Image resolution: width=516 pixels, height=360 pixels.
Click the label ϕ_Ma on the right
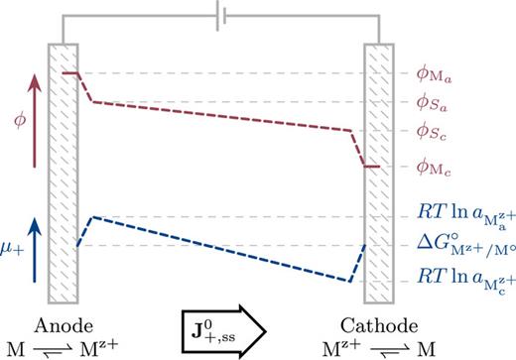tap(442, 72)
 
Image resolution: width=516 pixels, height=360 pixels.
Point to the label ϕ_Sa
tap(440, 102)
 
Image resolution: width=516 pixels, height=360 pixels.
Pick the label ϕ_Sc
tap(440, 131)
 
